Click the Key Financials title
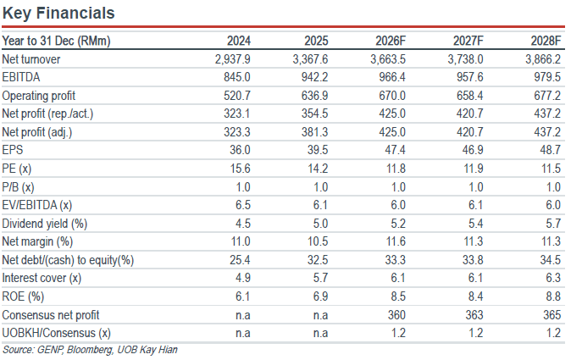click(58, 13)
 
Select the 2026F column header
click(391, 41)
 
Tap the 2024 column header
click(239, 41)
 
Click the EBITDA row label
click(21, 77)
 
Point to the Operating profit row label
click(39, 96)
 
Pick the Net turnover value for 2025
click(310, 59)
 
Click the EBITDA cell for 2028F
click(547, 77)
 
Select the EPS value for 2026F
click(395, 150)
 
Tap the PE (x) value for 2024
click(240, 169)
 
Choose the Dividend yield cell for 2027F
click(475, 223)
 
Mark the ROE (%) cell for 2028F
click(553, 296)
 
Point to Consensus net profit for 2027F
click(474, 315)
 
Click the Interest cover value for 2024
click(243, 278)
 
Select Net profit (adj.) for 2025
click(314, 132)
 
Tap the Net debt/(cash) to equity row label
click(68, 260)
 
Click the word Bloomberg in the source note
click(90, 350)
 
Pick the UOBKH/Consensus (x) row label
click(57, 333)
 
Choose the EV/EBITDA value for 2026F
click(398, 205)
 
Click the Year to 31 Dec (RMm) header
click(56, 41)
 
